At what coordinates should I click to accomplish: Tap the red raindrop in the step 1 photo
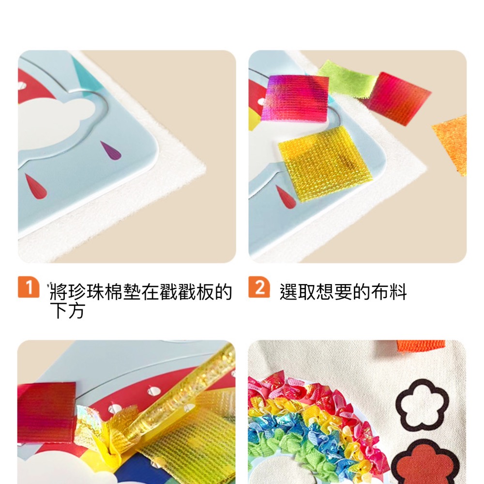[x=35, y=186]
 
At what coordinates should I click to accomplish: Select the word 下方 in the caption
[x=67, y=311]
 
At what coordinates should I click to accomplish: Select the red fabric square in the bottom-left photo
[x=46, y=411]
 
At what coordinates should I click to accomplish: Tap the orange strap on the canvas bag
[x=421, y=346]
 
